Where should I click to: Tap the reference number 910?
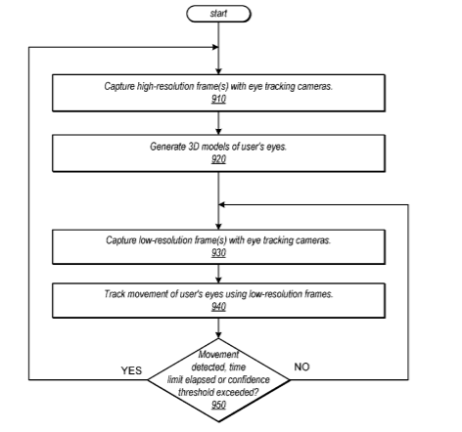click(218, 99)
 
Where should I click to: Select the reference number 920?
click(218, 159)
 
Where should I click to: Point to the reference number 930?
click(218, 252)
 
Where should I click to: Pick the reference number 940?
click(218, 307)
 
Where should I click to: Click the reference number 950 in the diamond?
click(218, 405)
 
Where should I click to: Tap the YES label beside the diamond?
click(131, 370)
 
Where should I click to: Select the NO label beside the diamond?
click(301, 367)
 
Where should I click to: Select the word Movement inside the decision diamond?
click(218, 355)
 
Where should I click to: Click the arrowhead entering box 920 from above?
click(218, 132)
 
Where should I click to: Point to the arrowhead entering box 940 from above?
click(218, 281)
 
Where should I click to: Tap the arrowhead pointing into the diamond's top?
click(218, 335)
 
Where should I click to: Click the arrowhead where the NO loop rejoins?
click(221, 204)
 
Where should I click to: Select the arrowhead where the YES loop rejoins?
click(215, 47)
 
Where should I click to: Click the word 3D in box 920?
click(194, 147)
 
